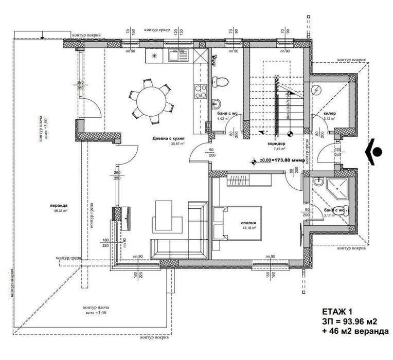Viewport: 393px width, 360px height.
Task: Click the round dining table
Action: pyautogui.click(x=150, y=101)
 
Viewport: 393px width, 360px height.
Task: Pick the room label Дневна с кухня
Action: pyautogui.click(x=168, y=139)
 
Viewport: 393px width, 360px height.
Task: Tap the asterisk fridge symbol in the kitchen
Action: pyautogui.click(x=154, y=56)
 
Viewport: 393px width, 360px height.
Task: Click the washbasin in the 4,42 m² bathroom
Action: pyautogui.click(x=217, y=102)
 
